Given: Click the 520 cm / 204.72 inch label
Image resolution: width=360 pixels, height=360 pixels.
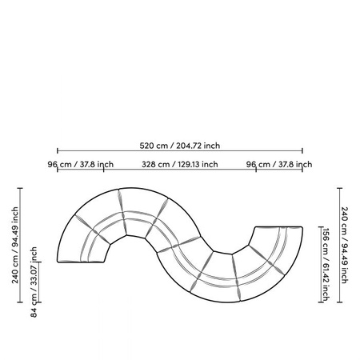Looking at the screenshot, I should coord(180,146).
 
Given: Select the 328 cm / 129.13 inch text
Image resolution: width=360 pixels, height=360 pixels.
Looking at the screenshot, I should coord(180,164).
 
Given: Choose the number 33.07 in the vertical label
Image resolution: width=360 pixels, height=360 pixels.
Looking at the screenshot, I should coord(34,268).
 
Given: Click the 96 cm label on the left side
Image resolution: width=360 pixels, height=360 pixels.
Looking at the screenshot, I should coord(62,164).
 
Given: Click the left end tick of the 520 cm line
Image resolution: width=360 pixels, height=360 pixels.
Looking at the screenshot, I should coord(58,150).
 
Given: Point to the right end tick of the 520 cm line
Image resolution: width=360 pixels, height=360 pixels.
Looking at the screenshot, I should coord(302,150).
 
